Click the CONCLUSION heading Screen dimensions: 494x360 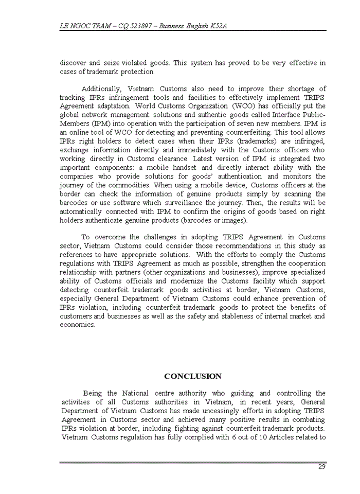click(x=193, y=376)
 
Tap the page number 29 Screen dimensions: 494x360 click(x=321, y=467)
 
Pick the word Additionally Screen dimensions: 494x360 click(x=100, y=89)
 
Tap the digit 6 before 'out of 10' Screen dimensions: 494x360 click(x=233, y=437)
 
